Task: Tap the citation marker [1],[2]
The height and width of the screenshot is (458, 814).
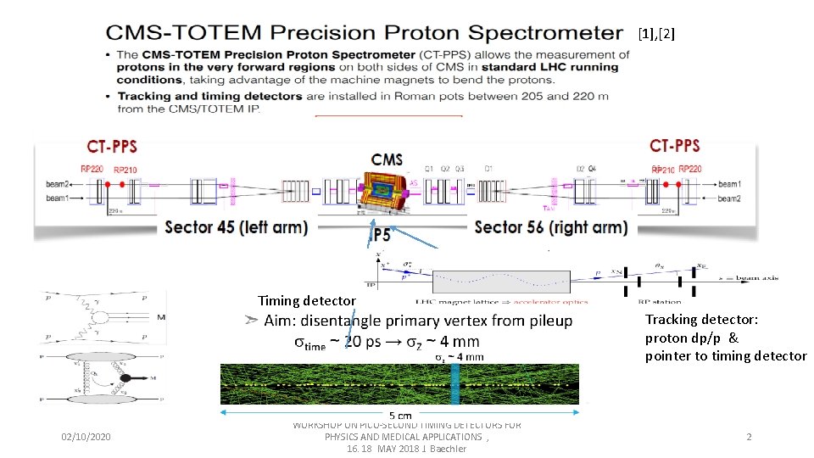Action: [657, 34]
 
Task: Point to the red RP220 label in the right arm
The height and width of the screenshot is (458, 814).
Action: [689, 169]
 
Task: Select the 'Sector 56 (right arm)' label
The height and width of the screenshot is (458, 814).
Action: [551, 226]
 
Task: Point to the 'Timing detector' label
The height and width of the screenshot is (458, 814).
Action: [307, 300]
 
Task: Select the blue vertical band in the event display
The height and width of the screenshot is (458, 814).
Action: [455, 384]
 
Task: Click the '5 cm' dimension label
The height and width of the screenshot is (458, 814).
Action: [401, 416]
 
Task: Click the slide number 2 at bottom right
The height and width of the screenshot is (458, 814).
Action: [749, 437]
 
